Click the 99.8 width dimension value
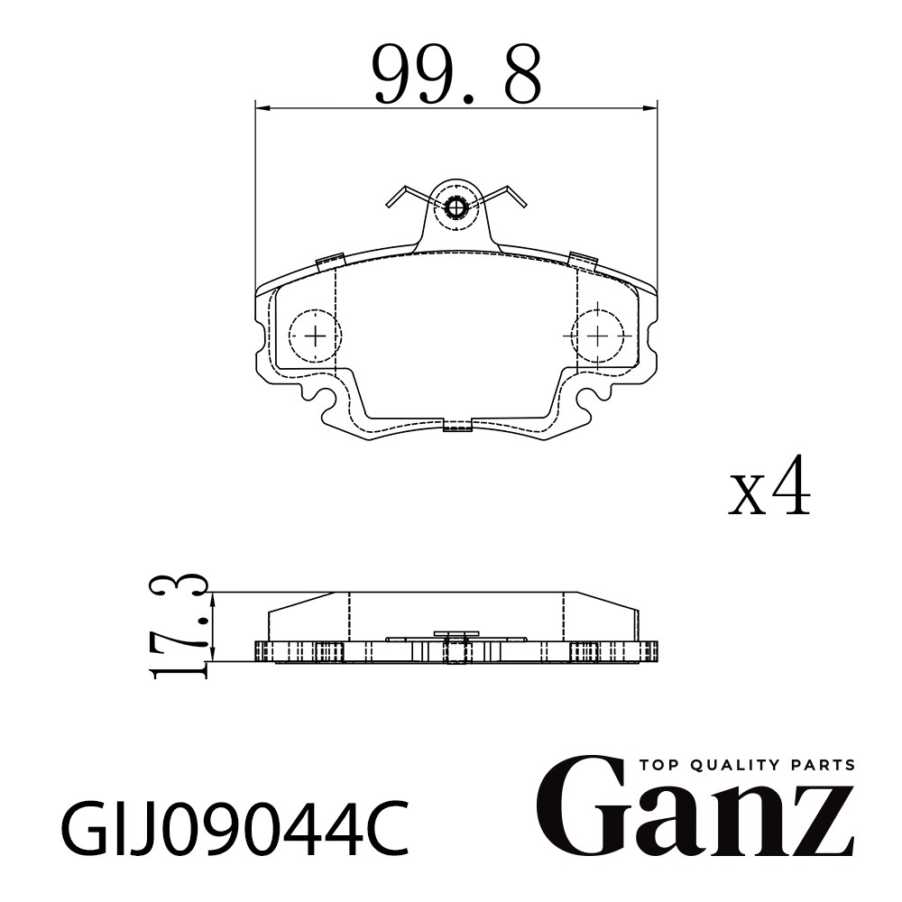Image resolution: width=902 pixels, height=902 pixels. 457,74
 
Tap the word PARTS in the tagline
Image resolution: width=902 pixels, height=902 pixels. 824,765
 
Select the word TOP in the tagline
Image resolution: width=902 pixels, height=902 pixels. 658,765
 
